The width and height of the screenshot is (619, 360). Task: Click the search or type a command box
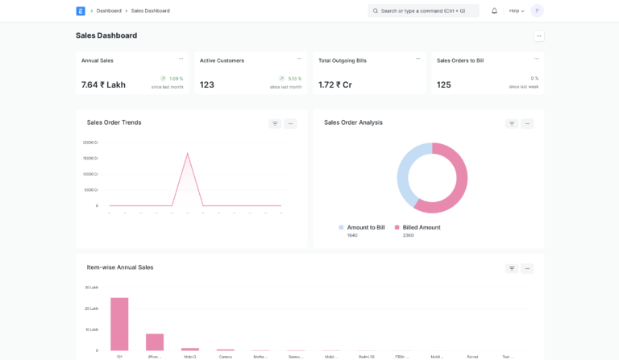[423, 10]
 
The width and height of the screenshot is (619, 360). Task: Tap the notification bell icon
[494, 10]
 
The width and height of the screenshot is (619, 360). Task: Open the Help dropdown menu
[517, 10]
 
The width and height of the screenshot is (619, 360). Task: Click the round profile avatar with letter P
[537, 10]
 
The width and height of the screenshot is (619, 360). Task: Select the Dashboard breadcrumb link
[109, 10]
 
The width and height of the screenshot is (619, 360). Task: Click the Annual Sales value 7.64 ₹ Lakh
[103, 85]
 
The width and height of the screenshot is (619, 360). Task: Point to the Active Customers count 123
[207, 85]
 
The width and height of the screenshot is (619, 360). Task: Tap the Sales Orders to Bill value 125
[444, 85]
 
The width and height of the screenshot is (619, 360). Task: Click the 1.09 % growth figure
[176, 78]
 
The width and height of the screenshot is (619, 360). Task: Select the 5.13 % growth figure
[294, 78]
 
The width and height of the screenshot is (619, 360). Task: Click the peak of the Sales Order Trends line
[188, 153]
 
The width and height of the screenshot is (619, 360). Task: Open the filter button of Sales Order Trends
[275, 123]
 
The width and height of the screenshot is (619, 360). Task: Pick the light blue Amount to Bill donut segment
[405, 173]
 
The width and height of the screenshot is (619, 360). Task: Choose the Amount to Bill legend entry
[365, 228]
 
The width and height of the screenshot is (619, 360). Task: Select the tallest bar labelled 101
[119, 324]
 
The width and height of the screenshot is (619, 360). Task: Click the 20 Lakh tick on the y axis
[91, 308]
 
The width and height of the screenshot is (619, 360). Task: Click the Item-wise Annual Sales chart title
[120, 267]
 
